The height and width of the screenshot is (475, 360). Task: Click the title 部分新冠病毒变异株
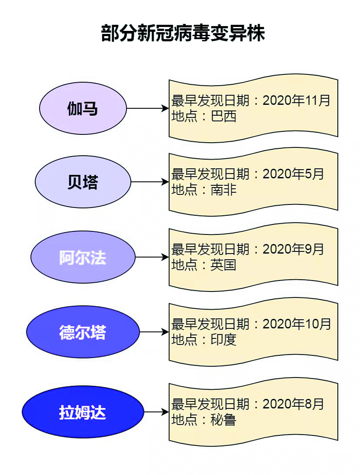(183, 33)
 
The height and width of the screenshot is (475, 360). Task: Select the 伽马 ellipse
(83, 108)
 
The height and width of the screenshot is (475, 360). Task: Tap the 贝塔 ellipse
(83, 182)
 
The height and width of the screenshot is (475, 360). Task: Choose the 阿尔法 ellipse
(83, 257)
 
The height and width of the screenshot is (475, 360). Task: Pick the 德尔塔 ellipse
(83, 332)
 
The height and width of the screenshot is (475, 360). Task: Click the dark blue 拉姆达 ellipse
(83, 412)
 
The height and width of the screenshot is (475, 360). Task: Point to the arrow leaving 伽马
(147, 108)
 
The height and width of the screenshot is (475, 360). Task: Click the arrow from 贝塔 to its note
(150, 182)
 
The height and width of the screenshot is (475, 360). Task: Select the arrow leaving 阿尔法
(152, 257)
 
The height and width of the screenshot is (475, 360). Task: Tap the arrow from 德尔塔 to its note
(154, 332)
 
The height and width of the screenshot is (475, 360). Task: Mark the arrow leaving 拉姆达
(156, 412)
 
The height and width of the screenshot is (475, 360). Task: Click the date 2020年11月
(297, 100)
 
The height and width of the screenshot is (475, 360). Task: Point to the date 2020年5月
(293, 174)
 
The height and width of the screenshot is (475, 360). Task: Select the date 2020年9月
(293, 249)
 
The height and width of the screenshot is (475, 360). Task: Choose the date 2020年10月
(297, 324)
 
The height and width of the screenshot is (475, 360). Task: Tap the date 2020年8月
(293, 404)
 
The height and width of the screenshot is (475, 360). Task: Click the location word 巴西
(223, 116)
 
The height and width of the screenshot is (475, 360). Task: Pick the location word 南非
(223, 190)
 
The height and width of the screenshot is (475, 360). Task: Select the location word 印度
(223, 340)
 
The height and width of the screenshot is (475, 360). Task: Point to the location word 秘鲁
(223, 420)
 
